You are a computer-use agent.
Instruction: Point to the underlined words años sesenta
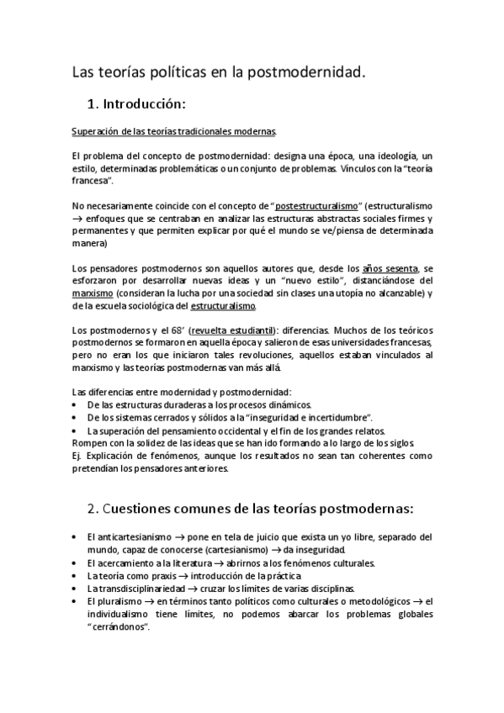pos(388,268)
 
